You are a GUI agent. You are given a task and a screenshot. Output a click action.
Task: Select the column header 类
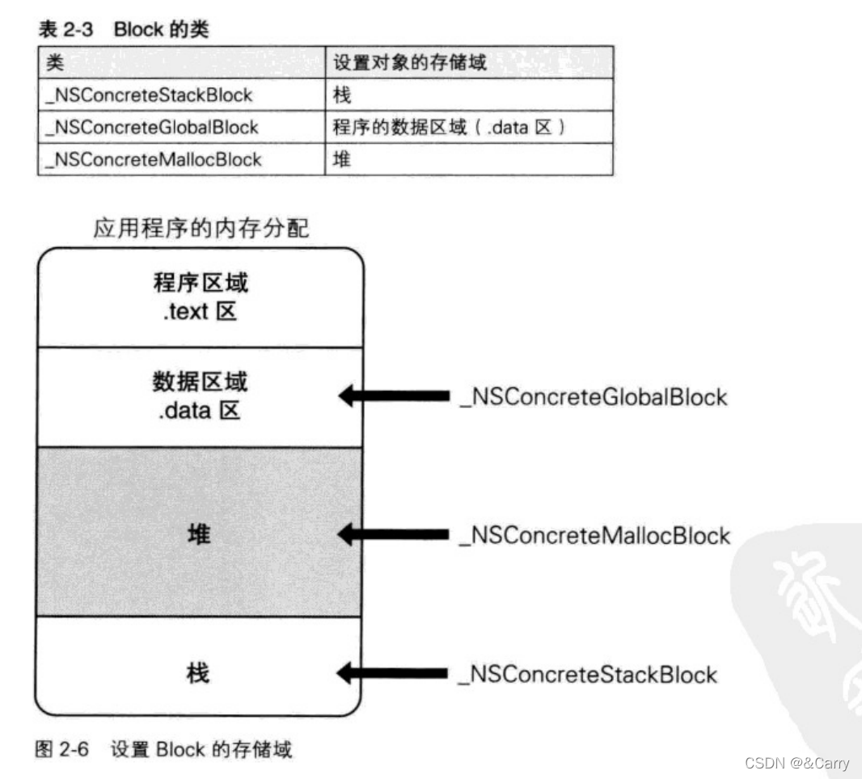pyautogui.click(x=56, y=62)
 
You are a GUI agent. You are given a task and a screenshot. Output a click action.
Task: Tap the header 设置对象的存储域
pyautogui.click(x=410, y=62)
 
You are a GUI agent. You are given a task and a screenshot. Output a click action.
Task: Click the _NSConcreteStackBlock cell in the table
pyautogui.click(x=150, y=95)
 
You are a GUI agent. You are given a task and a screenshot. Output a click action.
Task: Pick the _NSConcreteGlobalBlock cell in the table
pyautogui.click(x=153, y=128)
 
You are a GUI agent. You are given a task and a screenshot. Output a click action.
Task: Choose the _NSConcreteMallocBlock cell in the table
pyautogui.click(x=154, y=160)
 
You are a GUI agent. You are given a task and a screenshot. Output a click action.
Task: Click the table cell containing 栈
pyautogui.click(x=343, y=95)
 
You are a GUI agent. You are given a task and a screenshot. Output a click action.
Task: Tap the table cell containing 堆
pyautogui.click(x=343, y=160)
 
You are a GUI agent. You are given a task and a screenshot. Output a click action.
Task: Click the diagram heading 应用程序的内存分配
pyautogui.click(x=200, y=229)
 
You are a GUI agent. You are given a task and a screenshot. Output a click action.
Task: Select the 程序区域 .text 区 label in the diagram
pyautogui.click(x=198, y=297)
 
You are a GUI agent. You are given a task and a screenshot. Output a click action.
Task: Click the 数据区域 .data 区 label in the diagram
pyautogui.click(x=198, y=397)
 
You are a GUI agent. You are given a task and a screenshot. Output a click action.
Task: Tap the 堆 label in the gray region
pyautogui.click(x=198, y=534)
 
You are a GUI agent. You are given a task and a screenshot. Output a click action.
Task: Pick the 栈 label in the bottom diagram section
pyautogui.click(x=198, y=672)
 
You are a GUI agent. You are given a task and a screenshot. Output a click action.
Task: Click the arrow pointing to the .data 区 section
pyautogui.click(x=393, y=396)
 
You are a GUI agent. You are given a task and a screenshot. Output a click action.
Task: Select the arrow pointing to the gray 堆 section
pyautogui.click(x=393, y=534)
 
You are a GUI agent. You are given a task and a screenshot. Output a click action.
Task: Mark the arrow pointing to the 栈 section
pyautogui.click(x=393, y=672)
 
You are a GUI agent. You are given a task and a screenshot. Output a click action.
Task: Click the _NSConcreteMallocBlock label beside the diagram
pyautogui.click(x=594, y=535)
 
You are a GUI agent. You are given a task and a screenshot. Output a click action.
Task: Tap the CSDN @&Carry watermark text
pyautogui.click(x=797, y=763)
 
